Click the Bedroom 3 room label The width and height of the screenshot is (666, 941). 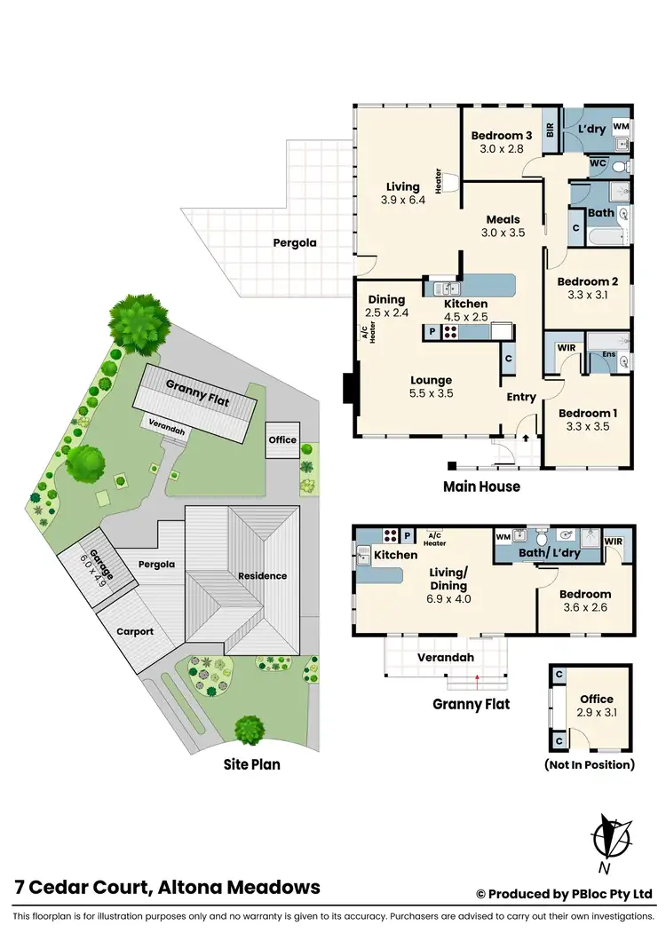[x=500, y=135]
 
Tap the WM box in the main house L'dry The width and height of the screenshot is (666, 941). [x=622, y=128]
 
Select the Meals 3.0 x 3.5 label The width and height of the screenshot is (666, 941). [x=503, y=226]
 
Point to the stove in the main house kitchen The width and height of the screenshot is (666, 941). [x=450, y=334]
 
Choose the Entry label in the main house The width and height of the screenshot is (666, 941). [x=521, y=397]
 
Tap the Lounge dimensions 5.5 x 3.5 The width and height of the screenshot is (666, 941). [x=432, y=393]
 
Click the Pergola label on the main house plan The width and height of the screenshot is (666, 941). [x=294, y=242]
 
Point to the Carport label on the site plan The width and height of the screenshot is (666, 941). [x=135, y=631]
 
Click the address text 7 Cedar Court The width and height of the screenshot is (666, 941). [x=84, y=887]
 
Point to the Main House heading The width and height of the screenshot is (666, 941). [x=481, y=486]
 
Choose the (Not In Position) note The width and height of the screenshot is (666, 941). [x=590, y=764]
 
